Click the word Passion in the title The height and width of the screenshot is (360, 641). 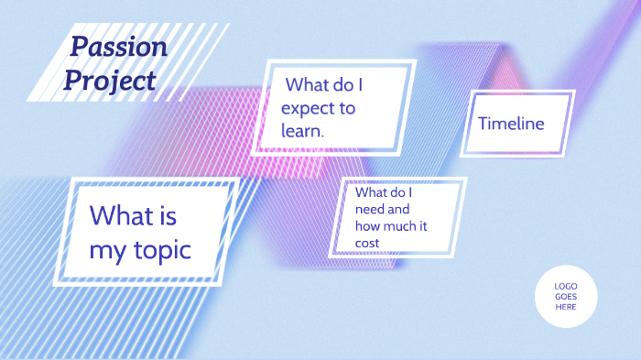(x=119, y=48)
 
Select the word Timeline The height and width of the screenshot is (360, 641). (x=511, y=124)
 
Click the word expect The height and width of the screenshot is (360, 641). (x=311, y=108)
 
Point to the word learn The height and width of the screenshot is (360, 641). (x=303, y=131)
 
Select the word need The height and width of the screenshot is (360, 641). (x=370, y=209)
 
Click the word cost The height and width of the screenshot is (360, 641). (x=367, y=242)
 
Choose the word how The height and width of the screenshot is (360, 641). (x=367, y=225)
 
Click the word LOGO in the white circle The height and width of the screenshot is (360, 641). (x=566, y=287)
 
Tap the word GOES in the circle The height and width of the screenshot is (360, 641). (x=566, y=297)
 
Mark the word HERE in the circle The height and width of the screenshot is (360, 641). (x=566, y=307)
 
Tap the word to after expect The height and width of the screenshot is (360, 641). (x=346, y=108)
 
